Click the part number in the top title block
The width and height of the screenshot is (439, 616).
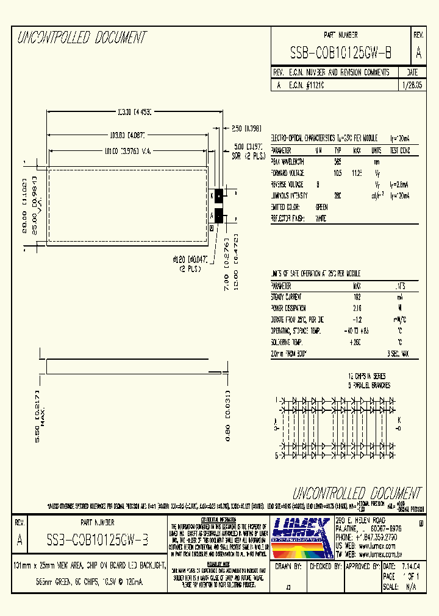(x=341, y=54)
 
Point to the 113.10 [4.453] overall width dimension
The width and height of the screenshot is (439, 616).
(x=134, y=112)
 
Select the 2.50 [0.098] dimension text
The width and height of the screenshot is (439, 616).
(x=246, y=128)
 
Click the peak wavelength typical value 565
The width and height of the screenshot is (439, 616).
(x=337, y=162)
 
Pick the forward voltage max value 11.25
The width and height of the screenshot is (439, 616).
(x=357, y=173)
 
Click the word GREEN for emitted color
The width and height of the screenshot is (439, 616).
(x=321, y=207)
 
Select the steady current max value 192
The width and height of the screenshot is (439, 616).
(x=357, y=297)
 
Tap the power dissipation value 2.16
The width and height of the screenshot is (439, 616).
(x=357, y=309)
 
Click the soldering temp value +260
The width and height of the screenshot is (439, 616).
(x=357, y=342)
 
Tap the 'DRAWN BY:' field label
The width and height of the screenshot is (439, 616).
(x=289, y=566)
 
